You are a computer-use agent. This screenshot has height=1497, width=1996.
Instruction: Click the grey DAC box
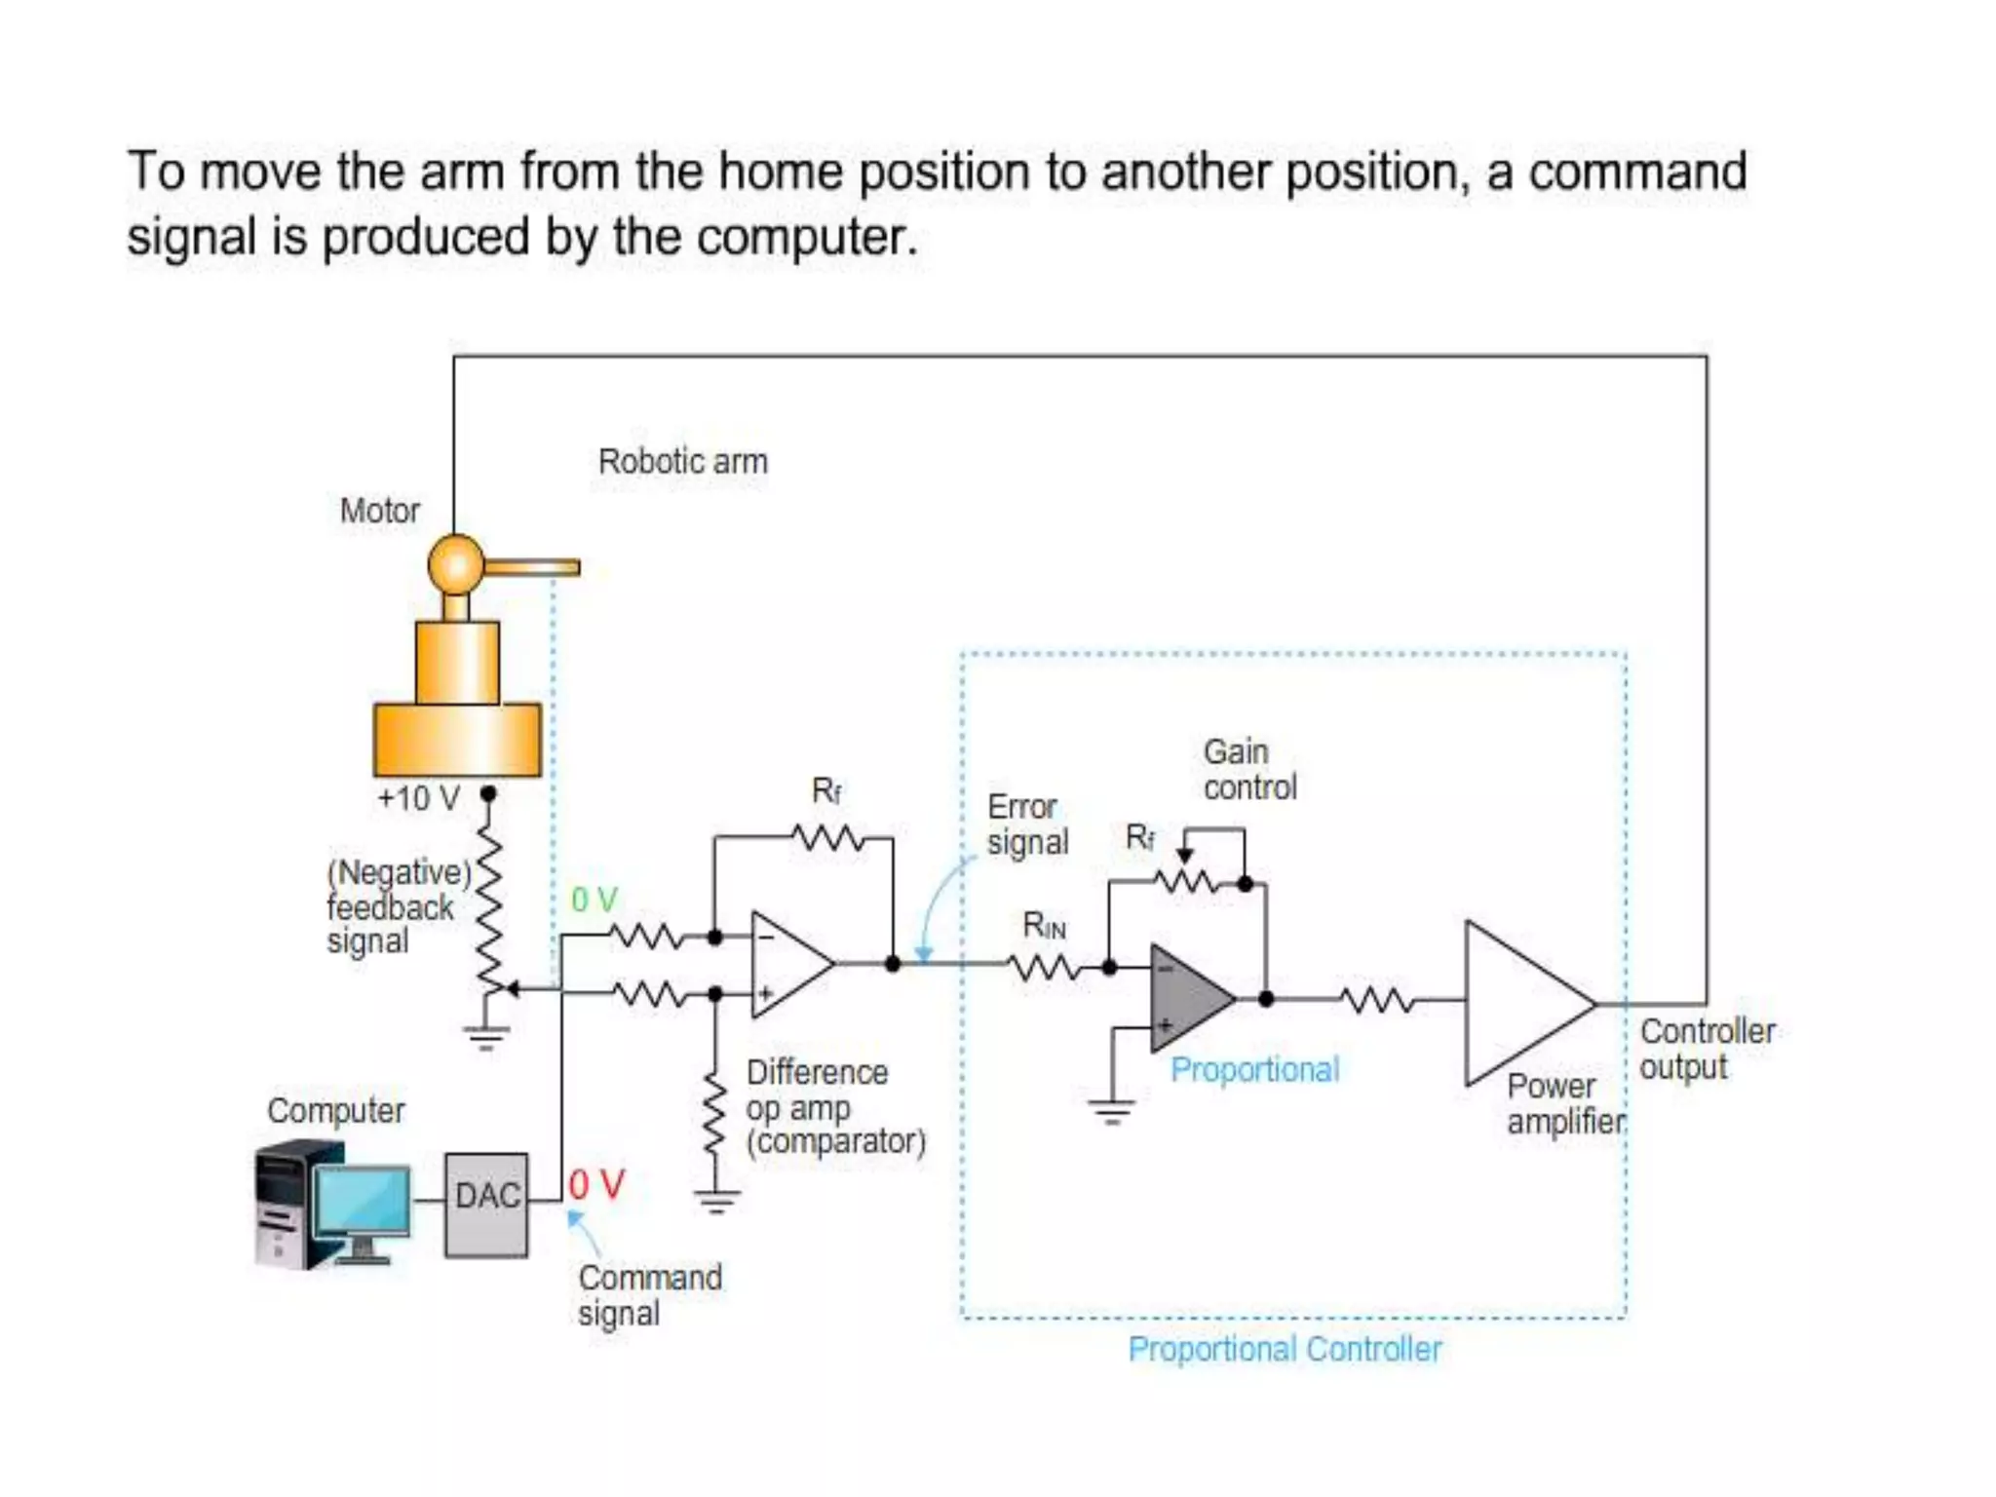click(486, 1205)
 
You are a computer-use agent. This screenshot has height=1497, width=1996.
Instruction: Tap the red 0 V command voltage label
click(595, 1185)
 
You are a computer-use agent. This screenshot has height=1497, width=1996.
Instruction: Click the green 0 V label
click(594, 900)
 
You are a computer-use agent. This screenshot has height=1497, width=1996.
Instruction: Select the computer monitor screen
click(363, 1201)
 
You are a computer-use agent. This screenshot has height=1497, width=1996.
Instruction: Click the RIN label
click(1044, 926)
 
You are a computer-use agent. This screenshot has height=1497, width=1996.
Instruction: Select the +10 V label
click(418, 798)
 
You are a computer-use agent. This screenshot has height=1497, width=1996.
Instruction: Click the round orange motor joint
click(455, 563)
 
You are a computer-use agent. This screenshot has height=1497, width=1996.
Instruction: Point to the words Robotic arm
click(682, 461)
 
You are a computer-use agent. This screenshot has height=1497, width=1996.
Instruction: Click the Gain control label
click(1248, 769)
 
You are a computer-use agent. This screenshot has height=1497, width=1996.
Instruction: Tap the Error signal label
click(1026, 825)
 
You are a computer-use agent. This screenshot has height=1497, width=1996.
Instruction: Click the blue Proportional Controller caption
click(1284, 1349)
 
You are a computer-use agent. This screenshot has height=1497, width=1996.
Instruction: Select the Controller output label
click(1706, 1049)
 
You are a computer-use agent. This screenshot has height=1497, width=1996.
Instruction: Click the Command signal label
click(648, 1294)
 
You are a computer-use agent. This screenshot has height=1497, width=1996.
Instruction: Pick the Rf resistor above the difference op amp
click(827, 837)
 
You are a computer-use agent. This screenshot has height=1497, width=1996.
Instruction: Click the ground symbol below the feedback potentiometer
click(484, 1037)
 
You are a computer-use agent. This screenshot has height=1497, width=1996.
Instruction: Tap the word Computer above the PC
click(335, 1110)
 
